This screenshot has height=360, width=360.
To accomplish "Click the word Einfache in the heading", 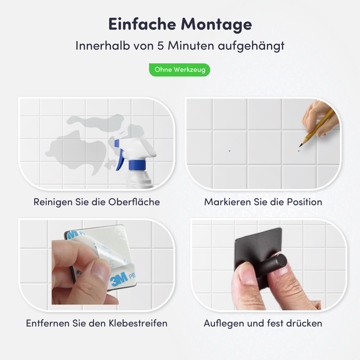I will point(141,24).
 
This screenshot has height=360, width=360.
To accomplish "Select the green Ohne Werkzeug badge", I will point(179,70).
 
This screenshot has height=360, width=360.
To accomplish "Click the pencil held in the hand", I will point(316,126).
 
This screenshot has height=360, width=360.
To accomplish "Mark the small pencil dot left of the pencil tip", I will point(229,150).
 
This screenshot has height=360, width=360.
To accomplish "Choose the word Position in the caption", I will point(302,202).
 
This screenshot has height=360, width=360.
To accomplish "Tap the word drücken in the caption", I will point(303,323).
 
